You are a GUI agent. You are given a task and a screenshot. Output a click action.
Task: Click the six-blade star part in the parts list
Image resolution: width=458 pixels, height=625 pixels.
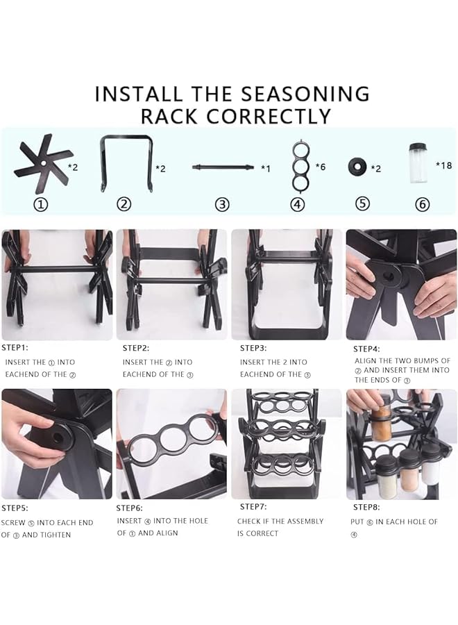click(x=42, y=164)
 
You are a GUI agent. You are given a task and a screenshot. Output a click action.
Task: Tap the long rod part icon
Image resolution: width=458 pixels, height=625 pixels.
click(x=223, y=167)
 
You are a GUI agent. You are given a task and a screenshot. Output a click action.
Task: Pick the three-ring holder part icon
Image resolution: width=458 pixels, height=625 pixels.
click(x=298, y=165)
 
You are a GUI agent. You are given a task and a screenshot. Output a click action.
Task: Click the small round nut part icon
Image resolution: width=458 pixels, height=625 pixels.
click(x=359, y=167)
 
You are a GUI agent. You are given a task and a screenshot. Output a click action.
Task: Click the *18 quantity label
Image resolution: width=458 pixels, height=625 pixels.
click(x=443, y=165)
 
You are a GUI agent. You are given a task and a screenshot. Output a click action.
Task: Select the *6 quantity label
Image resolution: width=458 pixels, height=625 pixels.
click(x=320, y=167)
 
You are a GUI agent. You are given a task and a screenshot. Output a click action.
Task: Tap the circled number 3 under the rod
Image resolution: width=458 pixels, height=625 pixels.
click(x=222, y=204)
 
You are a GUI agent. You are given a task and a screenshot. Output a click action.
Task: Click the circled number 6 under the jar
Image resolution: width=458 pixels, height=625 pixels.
click(x=423, y=204)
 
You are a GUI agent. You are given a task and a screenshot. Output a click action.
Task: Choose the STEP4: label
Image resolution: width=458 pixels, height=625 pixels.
click(x=368, y=349)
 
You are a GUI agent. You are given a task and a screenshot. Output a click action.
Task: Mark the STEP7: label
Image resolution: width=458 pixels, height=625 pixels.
click(x=253, y=507)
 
